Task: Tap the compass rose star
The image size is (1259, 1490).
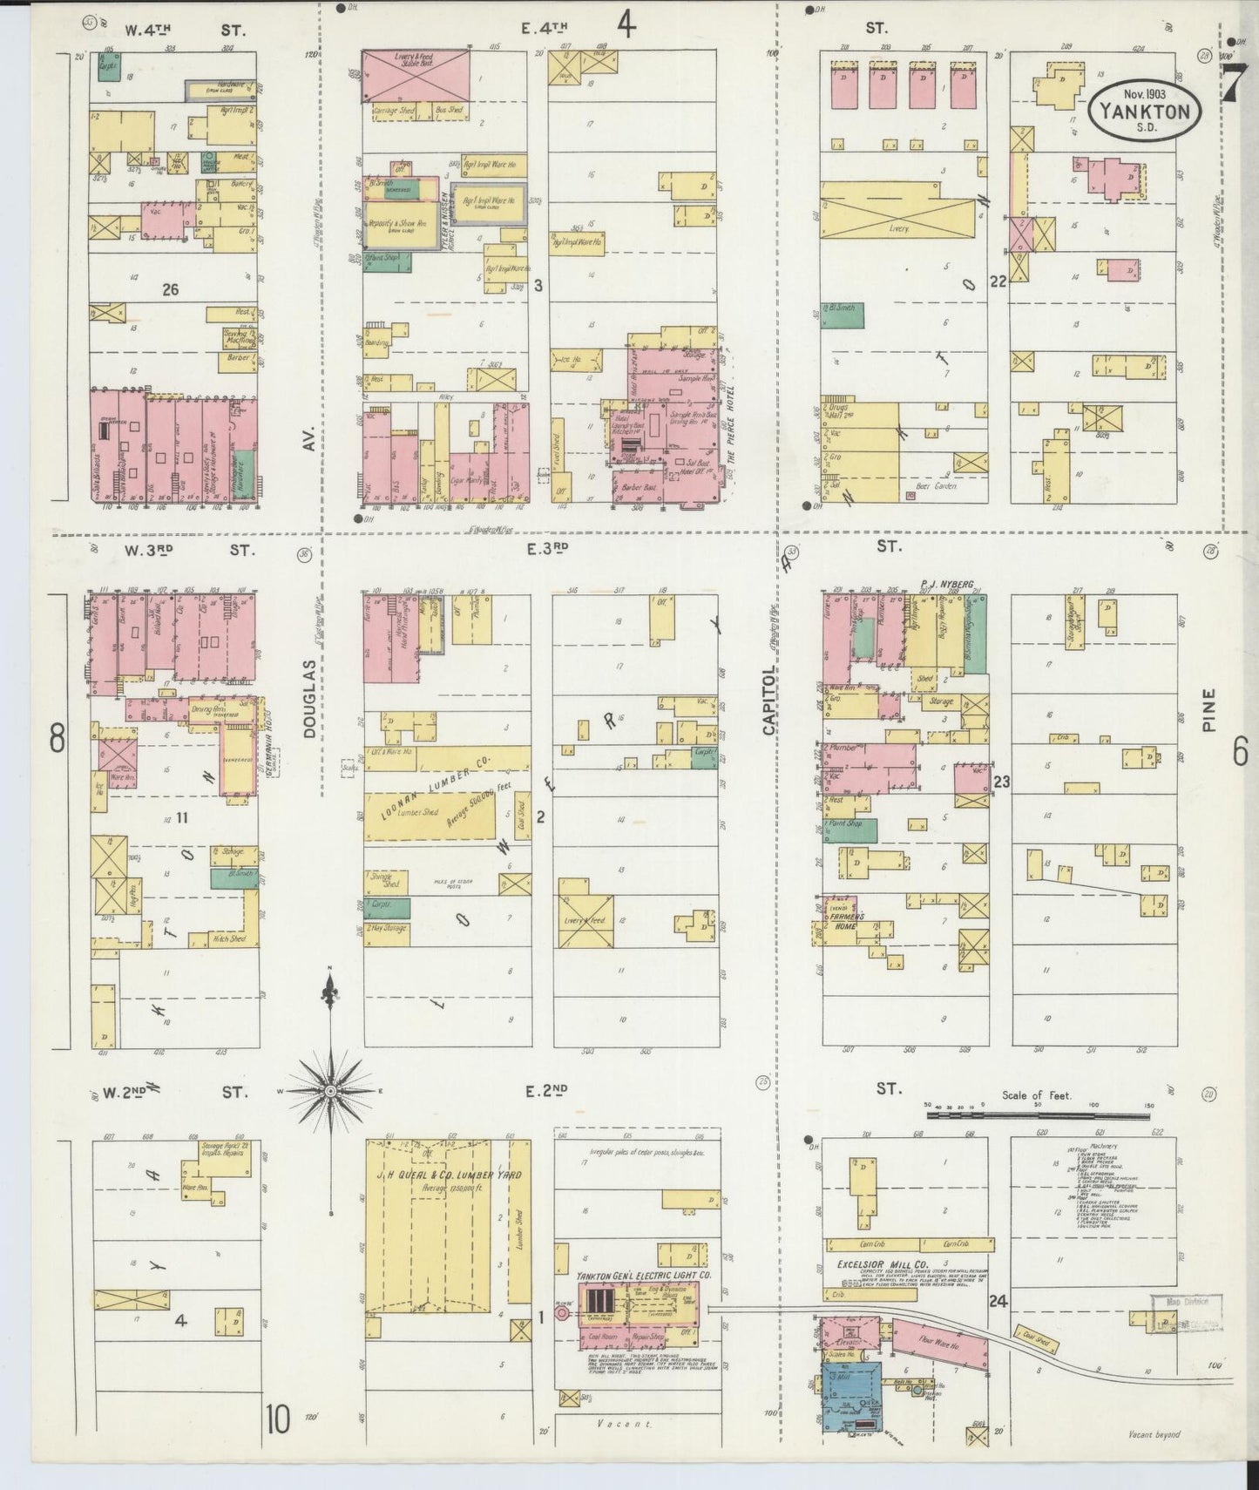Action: (331, 1091)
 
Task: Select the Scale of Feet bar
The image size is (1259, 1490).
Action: (1037, 1114)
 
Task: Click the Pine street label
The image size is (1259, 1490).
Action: (1210, 710)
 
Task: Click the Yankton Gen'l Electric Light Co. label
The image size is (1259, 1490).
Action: (643, 1276)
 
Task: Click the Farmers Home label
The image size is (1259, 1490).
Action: (845, 921)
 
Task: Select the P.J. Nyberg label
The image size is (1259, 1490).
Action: (945, 585)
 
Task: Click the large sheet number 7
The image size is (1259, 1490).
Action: (1232, 85)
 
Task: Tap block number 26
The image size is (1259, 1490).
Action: (170, 288)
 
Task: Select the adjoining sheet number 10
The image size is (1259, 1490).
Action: (277, 1420)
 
